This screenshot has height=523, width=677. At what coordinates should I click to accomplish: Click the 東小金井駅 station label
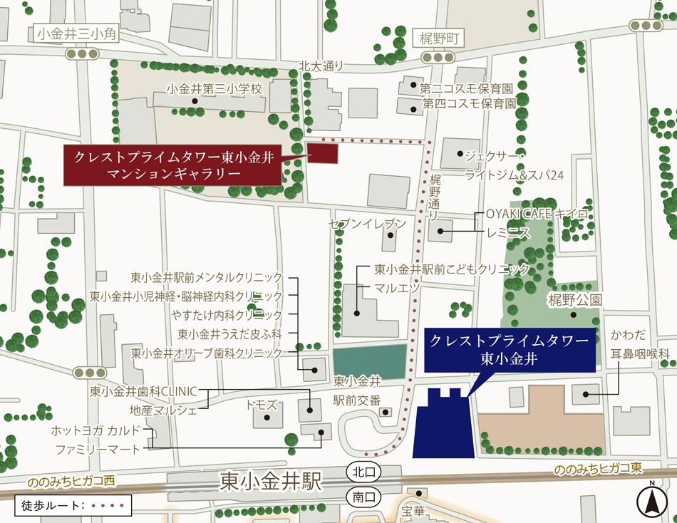pos(272,481)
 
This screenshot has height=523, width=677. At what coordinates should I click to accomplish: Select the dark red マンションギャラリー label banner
pos(173,165)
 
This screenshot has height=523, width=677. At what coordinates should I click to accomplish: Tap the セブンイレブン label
pos(367,224)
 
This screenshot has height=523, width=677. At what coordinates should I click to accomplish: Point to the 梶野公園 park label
pos(574,299)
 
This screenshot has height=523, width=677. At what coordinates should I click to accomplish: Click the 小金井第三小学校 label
pos(214,90)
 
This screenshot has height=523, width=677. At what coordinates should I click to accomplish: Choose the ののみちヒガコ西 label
pos(71,482)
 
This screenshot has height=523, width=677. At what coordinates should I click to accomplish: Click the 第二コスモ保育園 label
pos(467,89)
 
